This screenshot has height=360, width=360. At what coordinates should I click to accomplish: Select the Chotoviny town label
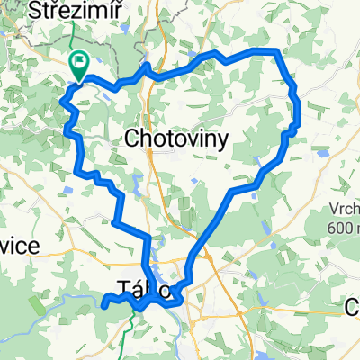point(175,139)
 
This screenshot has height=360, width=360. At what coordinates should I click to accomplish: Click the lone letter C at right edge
point(352,309)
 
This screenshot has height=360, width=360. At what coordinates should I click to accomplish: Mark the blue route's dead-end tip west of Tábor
point(104,305)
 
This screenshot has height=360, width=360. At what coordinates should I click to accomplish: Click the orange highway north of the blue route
point(160,27)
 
